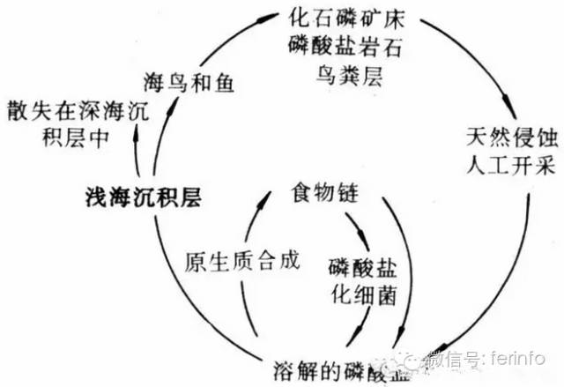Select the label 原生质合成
[x=242, y=262]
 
